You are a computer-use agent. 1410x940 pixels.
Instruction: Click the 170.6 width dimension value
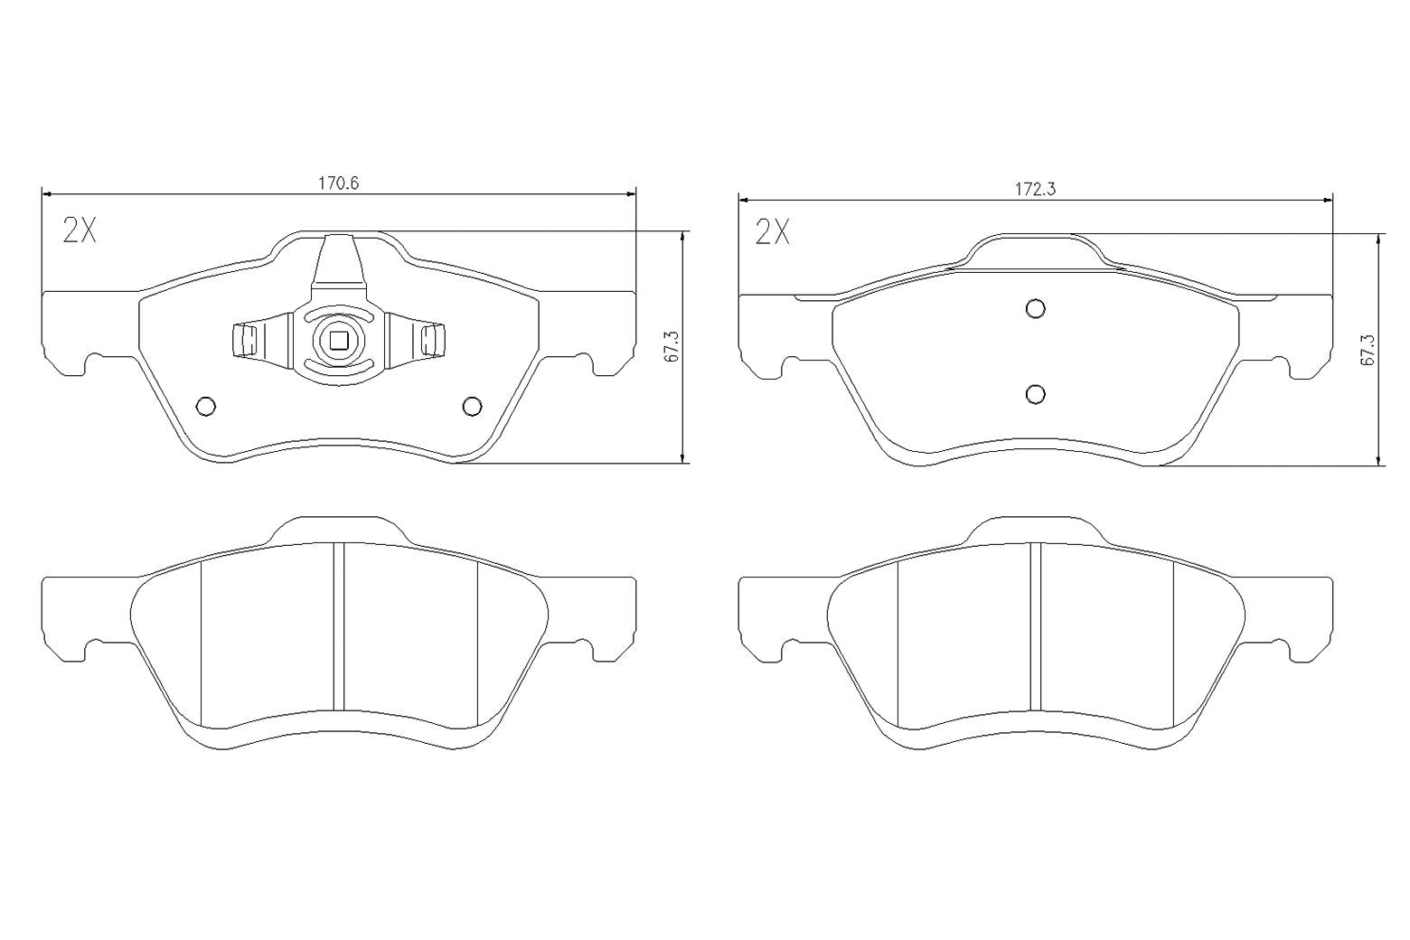click(339, 183)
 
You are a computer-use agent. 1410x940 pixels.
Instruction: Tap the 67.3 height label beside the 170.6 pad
click(671, 347)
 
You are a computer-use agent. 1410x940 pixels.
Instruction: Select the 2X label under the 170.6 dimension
click(79, 231)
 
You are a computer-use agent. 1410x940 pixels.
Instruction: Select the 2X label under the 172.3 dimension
click(772, 233)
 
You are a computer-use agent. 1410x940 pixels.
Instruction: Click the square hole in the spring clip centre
click(339, 340)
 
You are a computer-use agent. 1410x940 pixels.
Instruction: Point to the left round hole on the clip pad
click(205, 407)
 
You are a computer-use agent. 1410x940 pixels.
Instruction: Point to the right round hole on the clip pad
click(472, 407)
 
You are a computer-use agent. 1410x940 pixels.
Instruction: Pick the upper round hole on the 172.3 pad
click(1036, 308)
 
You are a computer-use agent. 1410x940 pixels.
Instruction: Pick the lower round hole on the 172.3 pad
click(1036, 394)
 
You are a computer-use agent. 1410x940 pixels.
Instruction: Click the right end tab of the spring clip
click(434, 340)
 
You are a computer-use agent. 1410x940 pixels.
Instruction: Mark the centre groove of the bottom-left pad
click(339, 625)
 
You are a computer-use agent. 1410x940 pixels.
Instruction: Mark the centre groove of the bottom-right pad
click(1036, 625)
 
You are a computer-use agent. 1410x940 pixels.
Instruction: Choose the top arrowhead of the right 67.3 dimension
click(1377, 239)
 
